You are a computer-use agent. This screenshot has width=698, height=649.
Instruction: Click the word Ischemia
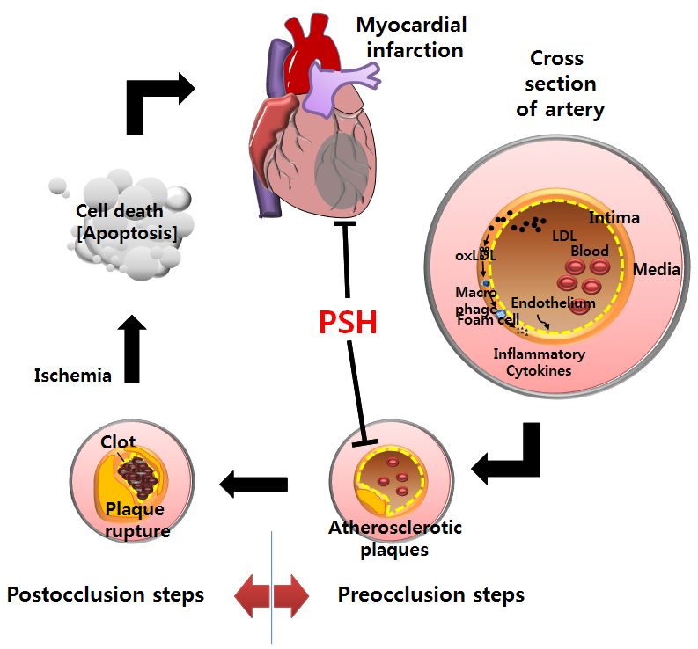tap(72, 376)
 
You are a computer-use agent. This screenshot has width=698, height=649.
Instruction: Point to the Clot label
tap(117, 442)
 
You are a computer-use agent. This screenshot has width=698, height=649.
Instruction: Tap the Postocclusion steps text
tap(106, 594)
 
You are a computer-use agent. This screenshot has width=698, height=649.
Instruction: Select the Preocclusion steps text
tap(430, 594)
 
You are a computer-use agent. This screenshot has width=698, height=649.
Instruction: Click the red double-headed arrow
tap(272, 595)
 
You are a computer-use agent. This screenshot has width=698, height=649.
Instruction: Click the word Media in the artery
tap(657, 269)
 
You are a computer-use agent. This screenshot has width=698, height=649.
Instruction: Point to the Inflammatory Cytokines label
tap(539, 362)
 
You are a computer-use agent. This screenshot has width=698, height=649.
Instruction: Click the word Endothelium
tap(553, 303)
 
